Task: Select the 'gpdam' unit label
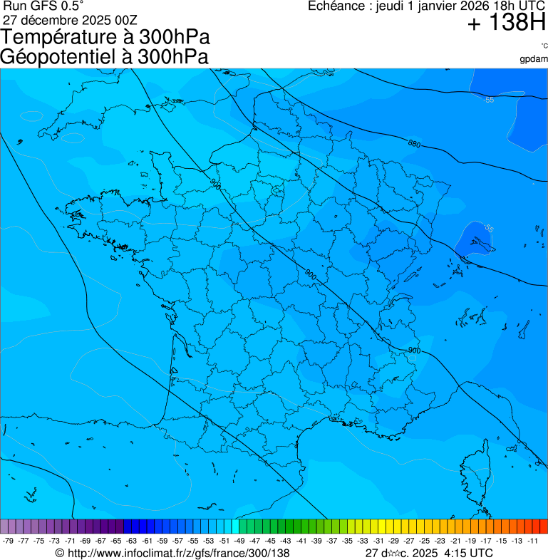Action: tap(534, 59)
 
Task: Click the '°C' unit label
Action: tap(544, 46)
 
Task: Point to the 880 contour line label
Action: tap(414, 145)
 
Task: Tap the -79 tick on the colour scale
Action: tap(9, 541)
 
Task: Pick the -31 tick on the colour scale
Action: tap(378, 541)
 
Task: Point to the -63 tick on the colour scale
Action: tap(133, 541)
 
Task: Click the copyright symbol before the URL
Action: tap(60, 553)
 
